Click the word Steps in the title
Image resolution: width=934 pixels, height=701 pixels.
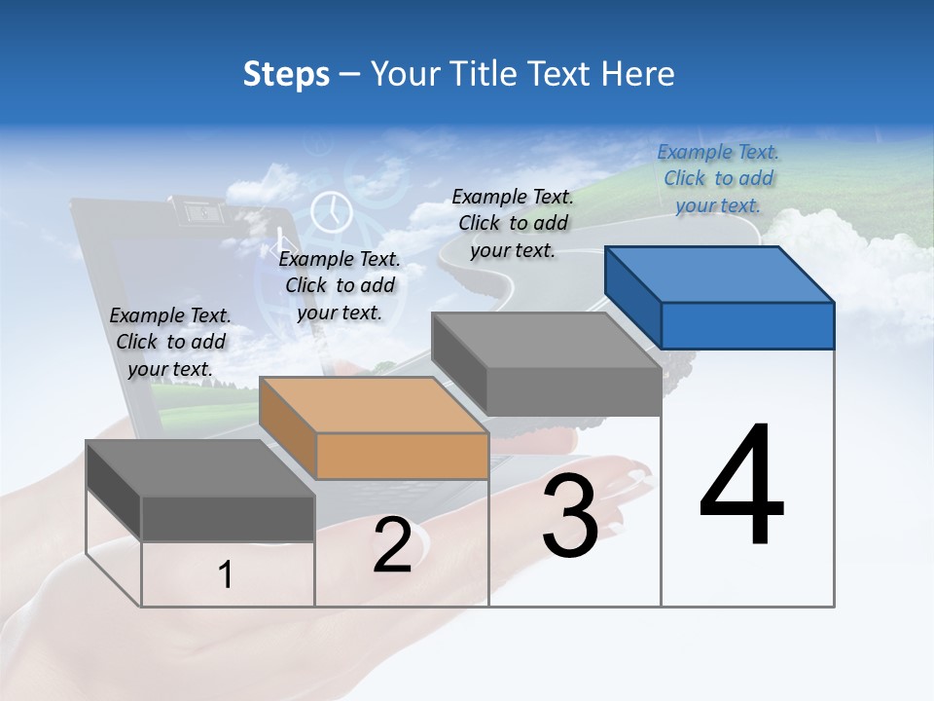286,74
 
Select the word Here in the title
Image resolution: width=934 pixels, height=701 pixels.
638,74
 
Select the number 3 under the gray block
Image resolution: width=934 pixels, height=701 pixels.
570,516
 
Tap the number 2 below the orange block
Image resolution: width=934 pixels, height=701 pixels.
392,545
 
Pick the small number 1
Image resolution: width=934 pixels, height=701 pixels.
226,575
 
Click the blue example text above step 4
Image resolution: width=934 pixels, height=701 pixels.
718,178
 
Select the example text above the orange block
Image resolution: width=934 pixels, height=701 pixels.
340,285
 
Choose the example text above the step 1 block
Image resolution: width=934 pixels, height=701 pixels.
170,342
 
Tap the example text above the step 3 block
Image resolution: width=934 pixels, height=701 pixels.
513,223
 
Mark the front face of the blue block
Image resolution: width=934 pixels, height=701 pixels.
747,325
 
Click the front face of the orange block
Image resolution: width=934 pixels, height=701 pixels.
401,456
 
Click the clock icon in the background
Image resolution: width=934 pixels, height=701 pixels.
332,210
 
